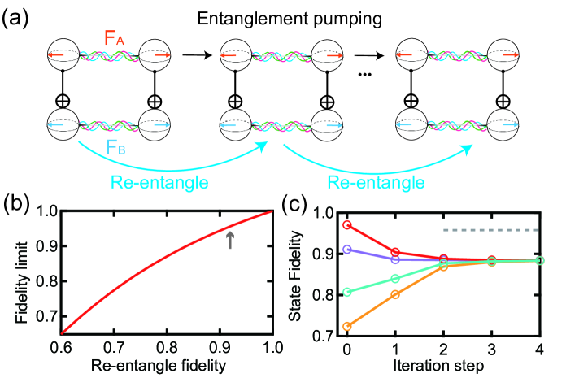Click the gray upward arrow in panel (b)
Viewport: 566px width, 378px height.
point(230,239)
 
